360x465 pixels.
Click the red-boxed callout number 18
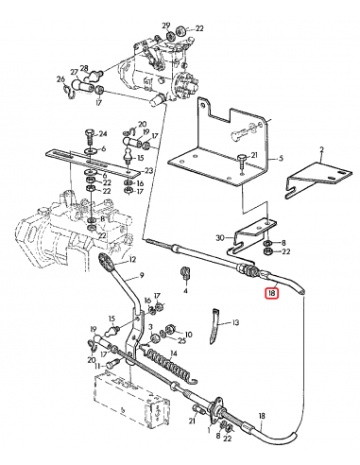(272, 293)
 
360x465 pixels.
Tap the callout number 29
(166, 26)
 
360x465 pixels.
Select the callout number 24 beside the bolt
(103, 134)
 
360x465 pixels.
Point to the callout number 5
(281, 158)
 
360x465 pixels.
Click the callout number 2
(321, 149)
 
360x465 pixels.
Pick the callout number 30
(220, 237)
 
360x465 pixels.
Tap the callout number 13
(235, 322)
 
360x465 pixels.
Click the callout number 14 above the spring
(174, 353)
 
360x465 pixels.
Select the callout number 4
(185, 290)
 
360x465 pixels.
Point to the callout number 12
(132, 259)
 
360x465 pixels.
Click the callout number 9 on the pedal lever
(142, 275)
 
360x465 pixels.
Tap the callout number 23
(148, 170)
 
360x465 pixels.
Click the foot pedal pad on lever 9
(107, 261)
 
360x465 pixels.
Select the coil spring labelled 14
(171, 365)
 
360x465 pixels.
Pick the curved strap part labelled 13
(214, 326)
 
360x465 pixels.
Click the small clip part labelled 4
(185, 272)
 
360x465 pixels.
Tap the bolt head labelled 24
(90, 132)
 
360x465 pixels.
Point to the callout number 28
(84, 68)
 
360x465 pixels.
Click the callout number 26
(60, 78)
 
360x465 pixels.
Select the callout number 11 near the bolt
(97, 367)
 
